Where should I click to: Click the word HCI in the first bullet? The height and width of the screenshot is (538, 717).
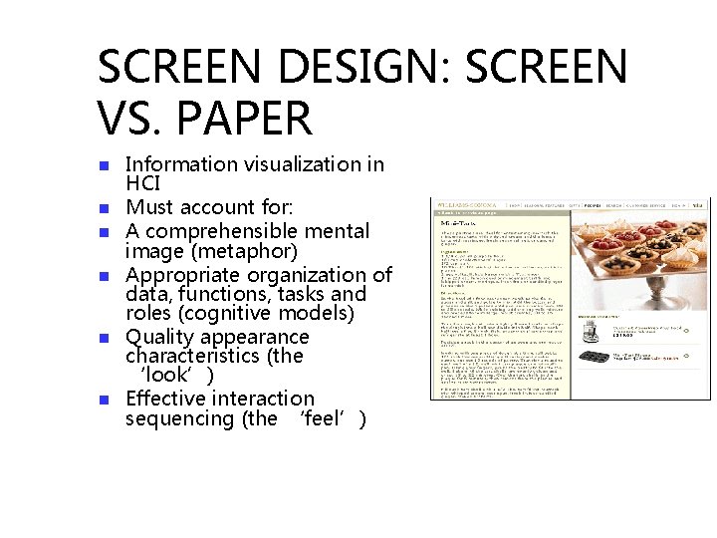[x=142, y=184]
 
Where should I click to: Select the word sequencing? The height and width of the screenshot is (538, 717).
[x=179, y=418]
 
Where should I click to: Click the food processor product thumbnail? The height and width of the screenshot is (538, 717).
[x=589, y=333]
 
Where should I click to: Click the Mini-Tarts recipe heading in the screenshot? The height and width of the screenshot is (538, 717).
[x=457, y=224]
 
